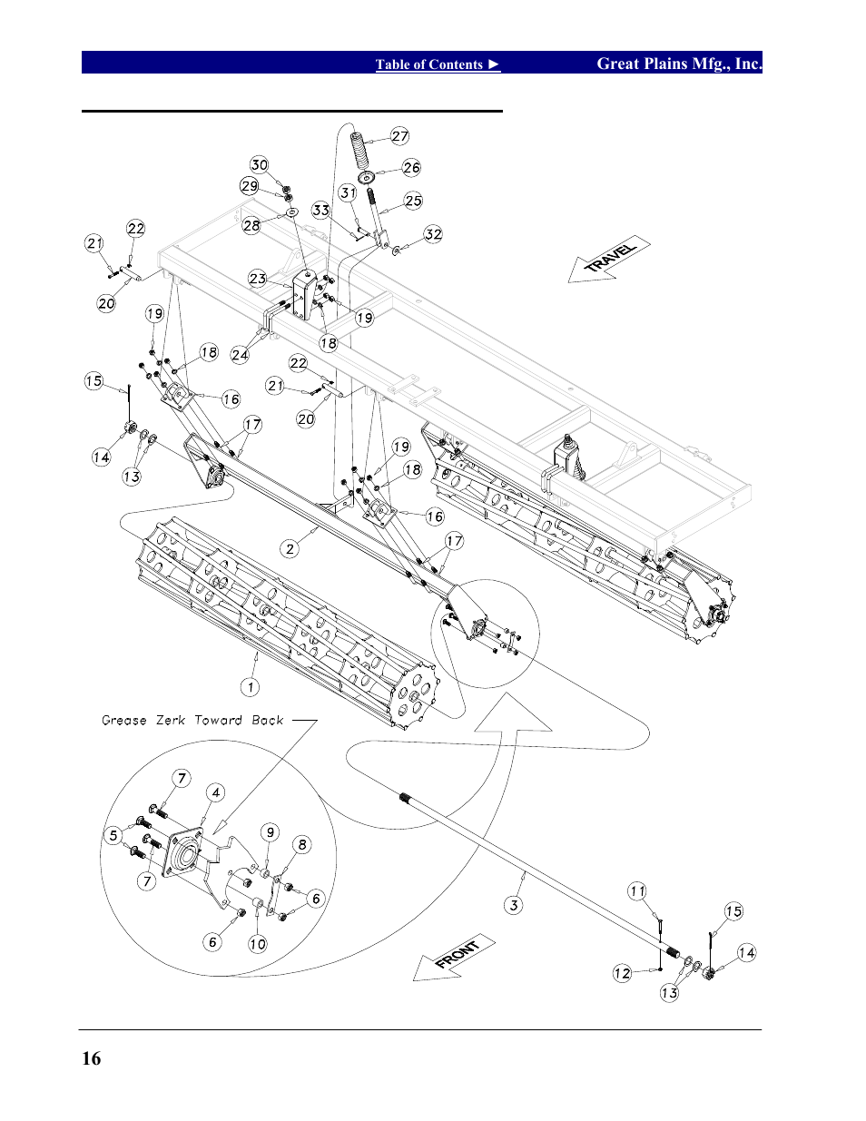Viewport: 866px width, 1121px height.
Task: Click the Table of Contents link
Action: tap(438, 64)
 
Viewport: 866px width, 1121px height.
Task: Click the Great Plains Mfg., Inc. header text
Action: tap(678, 64)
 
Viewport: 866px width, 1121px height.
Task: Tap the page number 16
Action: tap(92, 1058)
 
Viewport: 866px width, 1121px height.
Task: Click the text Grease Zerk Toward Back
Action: tap(192, 721)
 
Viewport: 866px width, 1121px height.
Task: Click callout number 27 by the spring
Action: tap(400, 136)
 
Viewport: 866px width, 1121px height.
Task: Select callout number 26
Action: tap(412, 168)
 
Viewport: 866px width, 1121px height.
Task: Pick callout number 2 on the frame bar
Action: tap(290, 548)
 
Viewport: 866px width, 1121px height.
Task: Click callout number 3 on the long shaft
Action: tap(514, 905)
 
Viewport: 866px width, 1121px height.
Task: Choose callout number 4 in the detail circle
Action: tap(216, 792)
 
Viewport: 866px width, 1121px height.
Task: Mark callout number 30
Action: tap(260, 164)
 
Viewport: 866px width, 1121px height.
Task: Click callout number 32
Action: tap(434, 234)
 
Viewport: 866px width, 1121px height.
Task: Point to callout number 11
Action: tap(637, 891)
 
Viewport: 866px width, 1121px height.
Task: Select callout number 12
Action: tap(622, 973)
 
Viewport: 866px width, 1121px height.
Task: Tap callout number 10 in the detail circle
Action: tap(258, 944)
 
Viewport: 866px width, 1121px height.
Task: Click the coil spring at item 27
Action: tap(360, 148)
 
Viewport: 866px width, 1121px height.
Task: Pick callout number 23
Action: tap(258, 279)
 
